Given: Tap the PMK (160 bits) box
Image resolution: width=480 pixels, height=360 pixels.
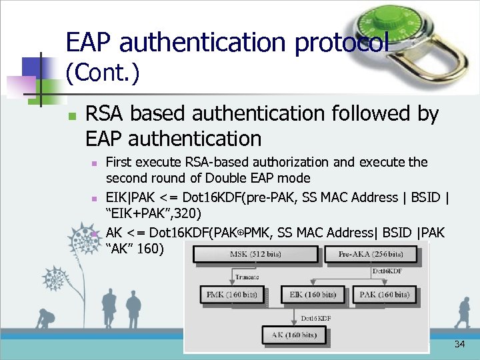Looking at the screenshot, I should (231, 295).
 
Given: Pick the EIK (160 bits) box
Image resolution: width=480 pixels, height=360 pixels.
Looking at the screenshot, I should (313, 295).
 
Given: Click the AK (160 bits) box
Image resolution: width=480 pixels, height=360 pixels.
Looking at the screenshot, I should (293, 335).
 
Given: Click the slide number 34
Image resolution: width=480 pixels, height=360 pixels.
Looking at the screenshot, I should (459, 345).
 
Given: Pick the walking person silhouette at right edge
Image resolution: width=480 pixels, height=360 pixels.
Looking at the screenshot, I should (463, 312).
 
